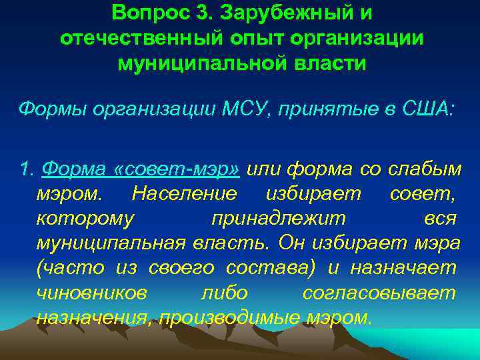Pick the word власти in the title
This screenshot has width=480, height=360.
point(333,63)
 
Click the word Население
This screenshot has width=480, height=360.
point(184,193)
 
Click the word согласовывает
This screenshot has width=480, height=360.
point(379,292)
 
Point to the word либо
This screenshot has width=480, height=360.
point(224,292)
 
